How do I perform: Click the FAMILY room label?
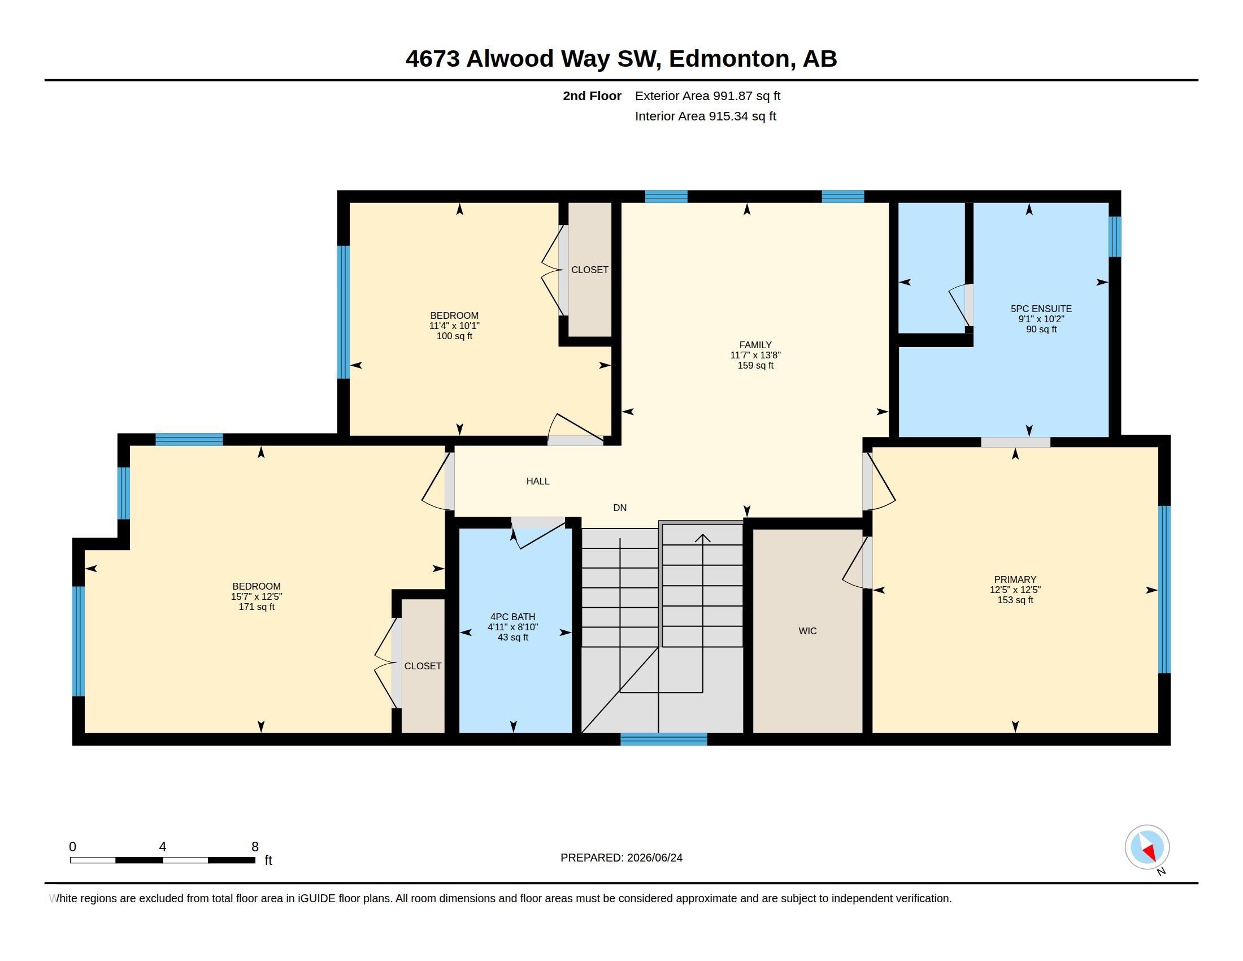755,345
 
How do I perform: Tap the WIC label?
807,631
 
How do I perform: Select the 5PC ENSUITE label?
1041,309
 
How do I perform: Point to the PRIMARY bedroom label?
1015,579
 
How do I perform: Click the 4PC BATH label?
513,617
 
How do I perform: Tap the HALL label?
538,481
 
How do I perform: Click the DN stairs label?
620,508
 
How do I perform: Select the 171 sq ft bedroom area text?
257,607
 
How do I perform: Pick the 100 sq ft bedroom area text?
454,336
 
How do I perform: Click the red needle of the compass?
1150,852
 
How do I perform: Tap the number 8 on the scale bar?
255,847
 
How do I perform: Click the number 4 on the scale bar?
163,847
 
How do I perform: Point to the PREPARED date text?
621,858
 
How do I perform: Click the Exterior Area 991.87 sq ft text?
707,96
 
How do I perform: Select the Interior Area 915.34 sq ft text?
705,116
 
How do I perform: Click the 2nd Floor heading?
592,96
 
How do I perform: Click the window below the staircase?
664,739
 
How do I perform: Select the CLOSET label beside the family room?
590,270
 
